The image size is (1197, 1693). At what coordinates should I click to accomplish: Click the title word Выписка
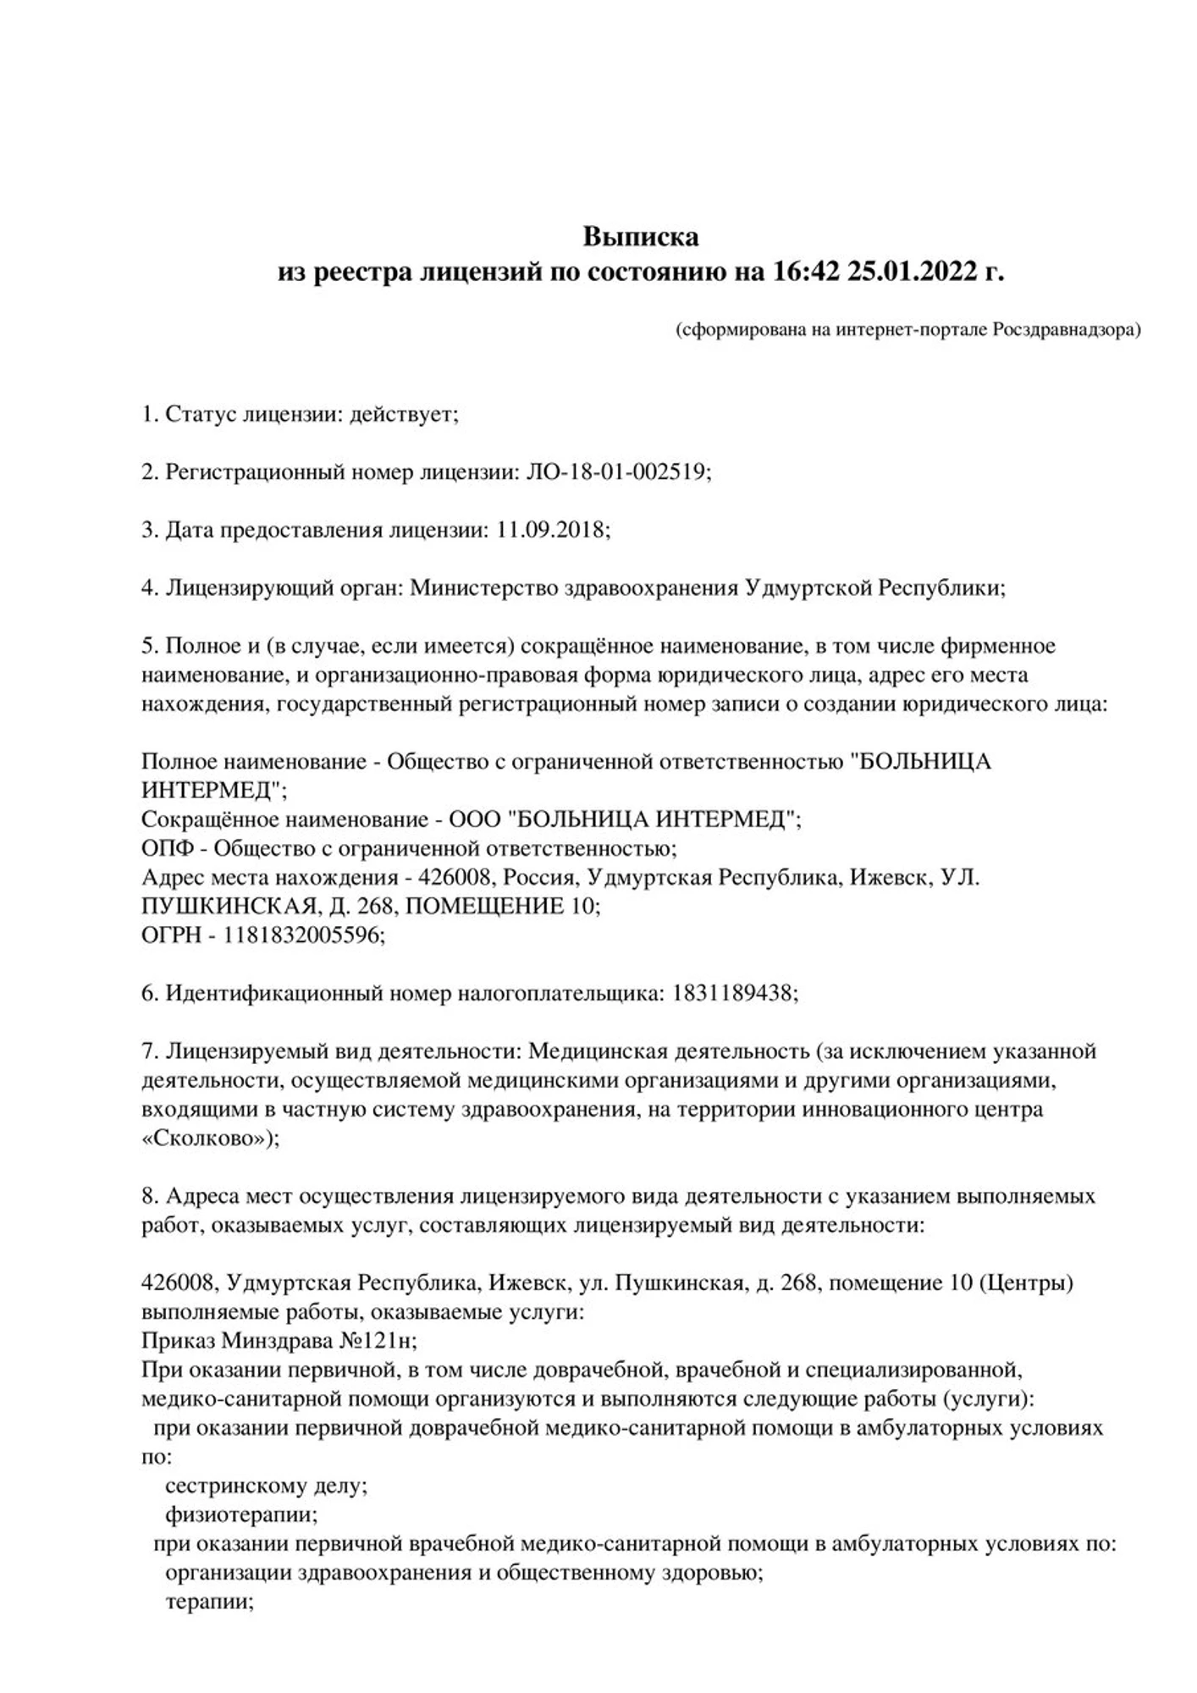(641, 236)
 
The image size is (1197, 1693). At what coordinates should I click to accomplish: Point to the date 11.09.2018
(549, 530)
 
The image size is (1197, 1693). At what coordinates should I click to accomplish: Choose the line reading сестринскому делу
(266, 1486)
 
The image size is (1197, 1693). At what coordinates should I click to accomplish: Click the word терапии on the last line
(208, 1602)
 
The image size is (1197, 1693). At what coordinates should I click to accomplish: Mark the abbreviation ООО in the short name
(474, 819)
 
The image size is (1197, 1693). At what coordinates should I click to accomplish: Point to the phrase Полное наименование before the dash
(253, 761)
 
